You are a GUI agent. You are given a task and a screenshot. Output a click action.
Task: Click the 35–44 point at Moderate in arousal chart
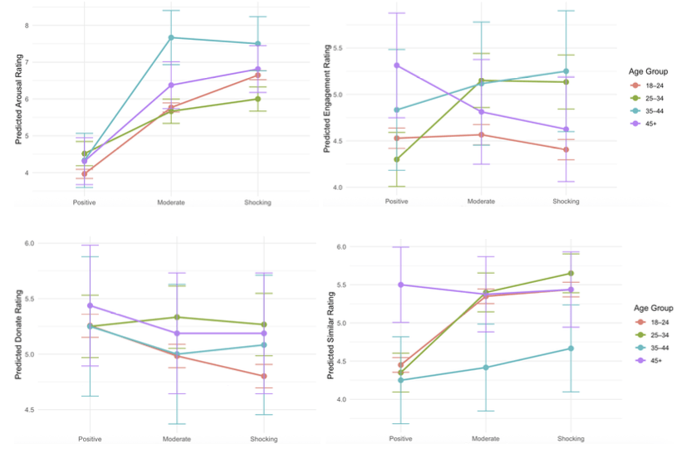[171, 37]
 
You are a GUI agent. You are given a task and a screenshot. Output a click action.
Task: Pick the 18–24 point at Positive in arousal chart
[85, 173]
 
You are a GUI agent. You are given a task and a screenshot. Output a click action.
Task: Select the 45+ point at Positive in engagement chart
[398, 65]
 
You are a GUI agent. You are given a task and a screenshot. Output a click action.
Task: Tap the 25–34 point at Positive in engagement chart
[398, 159]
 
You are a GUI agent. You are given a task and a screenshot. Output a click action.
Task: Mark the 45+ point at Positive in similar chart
[401, 285]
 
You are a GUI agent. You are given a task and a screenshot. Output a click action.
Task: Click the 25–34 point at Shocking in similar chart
[570, 273]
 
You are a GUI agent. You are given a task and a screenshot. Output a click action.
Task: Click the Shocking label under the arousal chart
[257, 202]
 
